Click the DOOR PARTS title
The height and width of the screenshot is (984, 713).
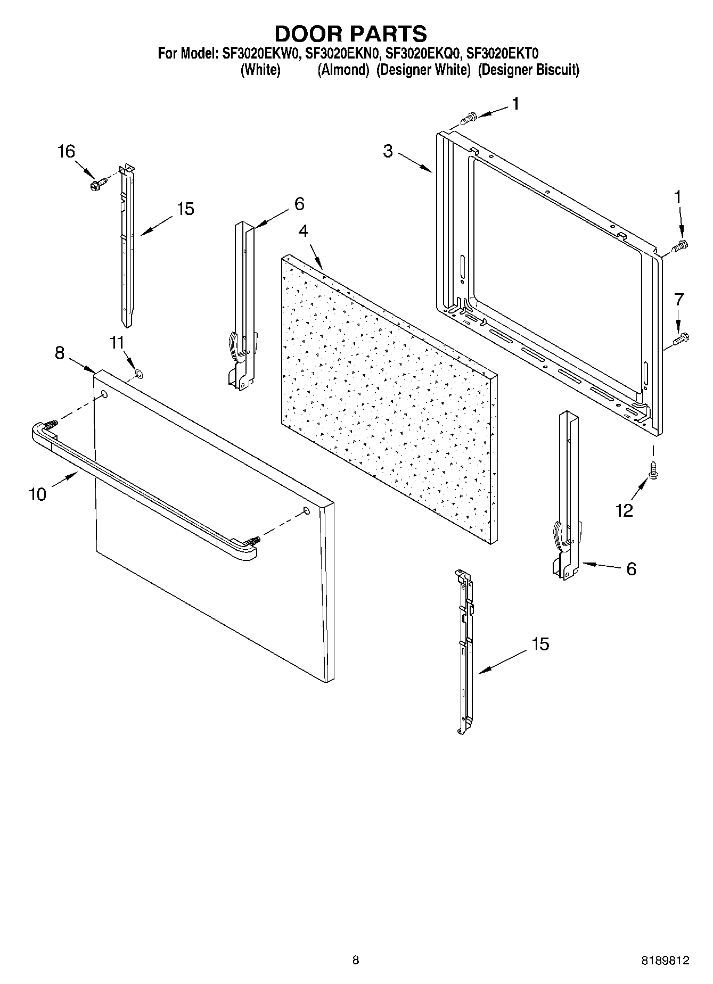click(x=350, y=34)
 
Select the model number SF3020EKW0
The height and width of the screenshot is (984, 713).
click(x=260, y=53)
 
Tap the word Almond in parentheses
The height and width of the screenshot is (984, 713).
click(x=343, y=70)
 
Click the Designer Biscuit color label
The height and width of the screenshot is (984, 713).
click(x=528, y=70)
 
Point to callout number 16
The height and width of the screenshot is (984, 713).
click(x=66, y=152)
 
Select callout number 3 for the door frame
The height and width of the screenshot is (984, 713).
click(x=388, y=151)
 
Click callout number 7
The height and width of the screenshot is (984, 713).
click(x=678, y=300)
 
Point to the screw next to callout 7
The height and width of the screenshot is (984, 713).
click(x=681, y=338)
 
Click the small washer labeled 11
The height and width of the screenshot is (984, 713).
click(x=137, y=374)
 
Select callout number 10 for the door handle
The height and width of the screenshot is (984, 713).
click(x=37, y=494)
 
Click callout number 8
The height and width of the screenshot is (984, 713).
click(x=60, y=352)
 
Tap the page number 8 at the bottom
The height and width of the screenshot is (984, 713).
click(x=356, y=960)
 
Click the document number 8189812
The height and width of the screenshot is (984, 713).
click(x=665, y=960)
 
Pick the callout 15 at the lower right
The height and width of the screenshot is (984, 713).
click(x=540, y=644)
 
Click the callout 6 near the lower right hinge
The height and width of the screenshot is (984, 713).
click(x=631, y=569)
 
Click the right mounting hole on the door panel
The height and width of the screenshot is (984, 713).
click(x=306, y=510)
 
